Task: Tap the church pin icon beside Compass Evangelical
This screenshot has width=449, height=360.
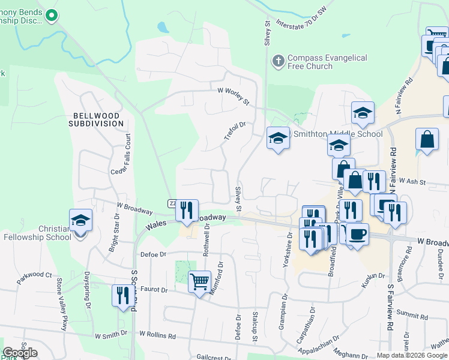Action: (x=278, y=61)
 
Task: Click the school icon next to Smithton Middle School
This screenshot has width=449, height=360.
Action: (x=278, y=139)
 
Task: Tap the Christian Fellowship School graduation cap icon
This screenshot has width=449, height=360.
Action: (x=80, y=220)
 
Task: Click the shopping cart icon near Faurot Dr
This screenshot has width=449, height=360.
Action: (x=199, y=280)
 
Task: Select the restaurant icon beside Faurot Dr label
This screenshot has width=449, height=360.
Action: (x=123, y=296)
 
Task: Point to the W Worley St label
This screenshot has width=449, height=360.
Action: (x=234, y=96)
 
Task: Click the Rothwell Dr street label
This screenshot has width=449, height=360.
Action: (x=206, y=240)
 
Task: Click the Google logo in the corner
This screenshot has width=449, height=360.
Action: (x=20, y=353)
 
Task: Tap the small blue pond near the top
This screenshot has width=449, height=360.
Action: (x=162, y=28)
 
